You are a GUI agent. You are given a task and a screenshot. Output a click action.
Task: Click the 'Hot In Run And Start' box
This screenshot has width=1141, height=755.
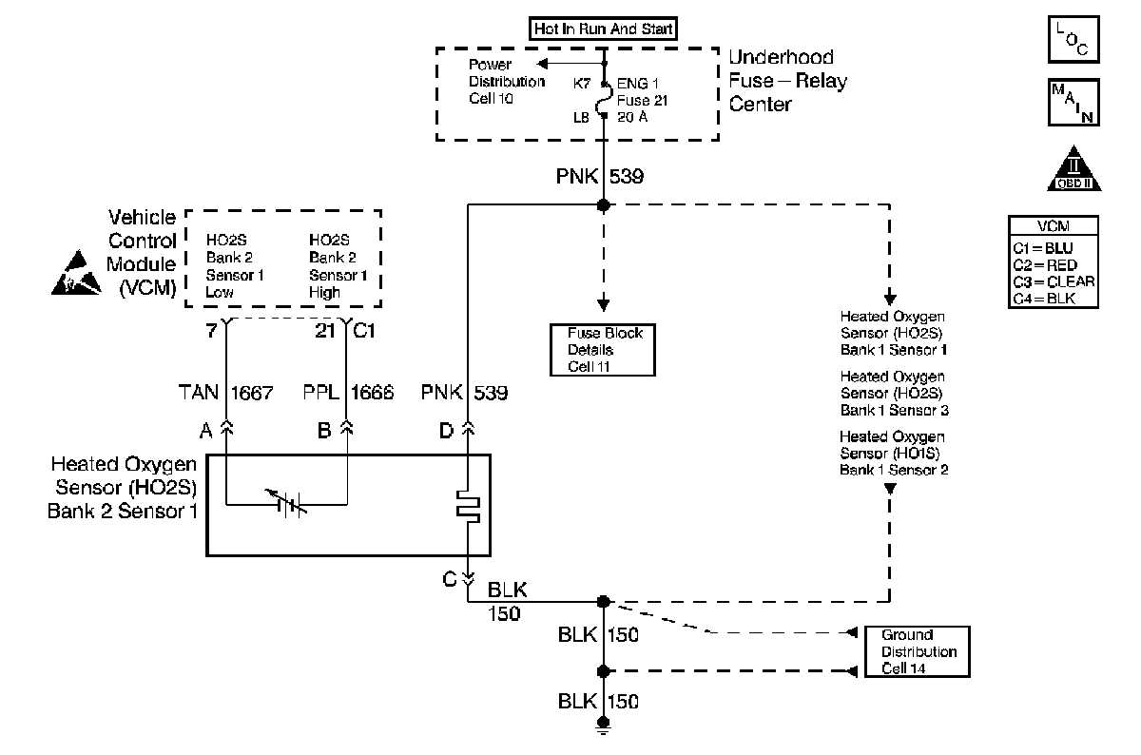603,29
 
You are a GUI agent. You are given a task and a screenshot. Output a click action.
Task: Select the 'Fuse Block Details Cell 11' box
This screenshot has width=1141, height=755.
604,350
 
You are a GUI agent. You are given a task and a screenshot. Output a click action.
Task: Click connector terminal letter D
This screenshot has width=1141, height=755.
447,430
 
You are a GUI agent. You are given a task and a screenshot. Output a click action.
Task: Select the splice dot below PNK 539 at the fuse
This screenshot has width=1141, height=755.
602,205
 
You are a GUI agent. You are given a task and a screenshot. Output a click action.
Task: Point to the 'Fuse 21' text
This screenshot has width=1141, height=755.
647,100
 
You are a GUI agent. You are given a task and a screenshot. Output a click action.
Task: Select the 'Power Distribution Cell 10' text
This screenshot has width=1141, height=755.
506,82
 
